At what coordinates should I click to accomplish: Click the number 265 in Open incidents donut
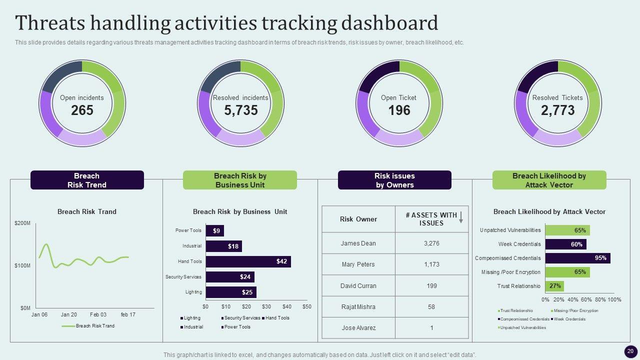pos(82,110)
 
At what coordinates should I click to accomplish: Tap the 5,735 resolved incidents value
pos(240,110)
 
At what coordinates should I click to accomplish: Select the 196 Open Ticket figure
pos(399,110)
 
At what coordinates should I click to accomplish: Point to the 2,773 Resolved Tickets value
pos(557,110)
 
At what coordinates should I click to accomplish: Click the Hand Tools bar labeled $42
pos(248,261)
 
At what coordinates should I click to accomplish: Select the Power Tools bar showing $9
pos(215,231)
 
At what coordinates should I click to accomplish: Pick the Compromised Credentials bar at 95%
pos(577,258)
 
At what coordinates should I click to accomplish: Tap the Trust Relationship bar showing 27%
pos(554,286)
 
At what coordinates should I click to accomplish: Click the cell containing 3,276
pos(431,243)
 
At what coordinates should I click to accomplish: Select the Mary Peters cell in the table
pos(358,264)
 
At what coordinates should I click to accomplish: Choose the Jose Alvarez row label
pos(358,328)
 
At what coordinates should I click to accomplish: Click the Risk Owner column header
pos(358,219)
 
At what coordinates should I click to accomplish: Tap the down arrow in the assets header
pos(461,216)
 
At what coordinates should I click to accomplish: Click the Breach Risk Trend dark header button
pos(87,180)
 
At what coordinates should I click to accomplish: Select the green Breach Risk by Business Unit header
pos(240,180)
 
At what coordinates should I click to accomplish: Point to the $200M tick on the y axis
pos(22,223)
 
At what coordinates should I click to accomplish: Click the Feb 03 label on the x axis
pos(98,314)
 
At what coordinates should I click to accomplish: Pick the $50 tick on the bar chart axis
pos(306,306)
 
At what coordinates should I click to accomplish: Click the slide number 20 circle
pos(630,351)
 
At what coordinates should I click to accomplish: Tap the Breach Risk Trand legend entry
pos(94,326)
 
